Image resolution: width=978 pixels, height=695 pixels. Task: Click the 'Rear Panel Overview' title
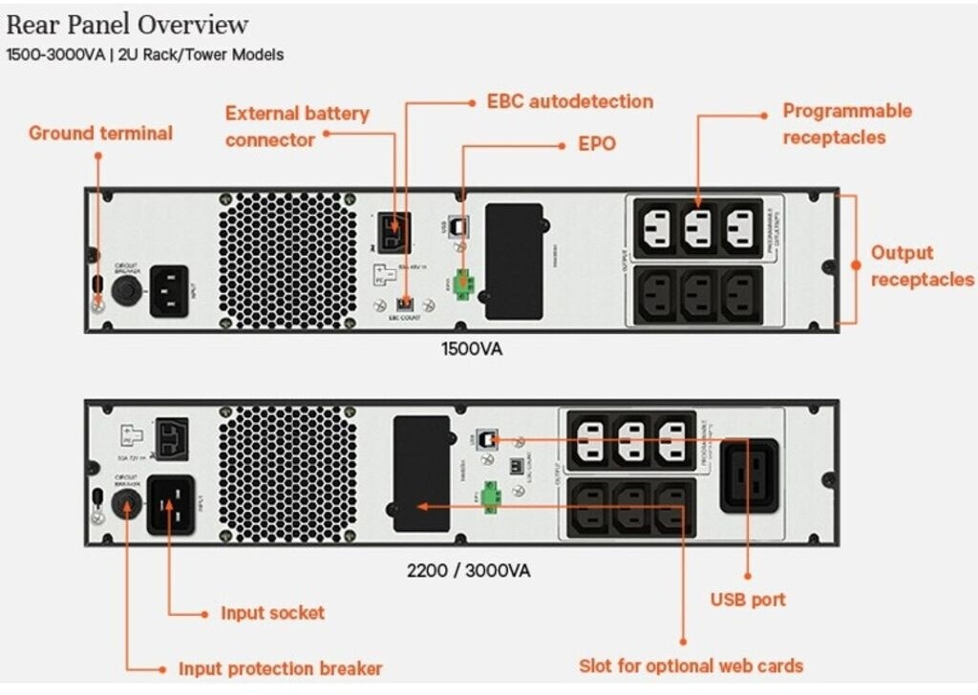click(x=127, y=24)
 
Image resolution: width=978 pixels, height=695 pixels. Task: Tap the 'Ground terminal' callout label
click(x=100, y=133)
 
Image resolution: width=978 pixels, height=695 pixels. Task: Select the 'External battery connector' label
click(x=296, y=126)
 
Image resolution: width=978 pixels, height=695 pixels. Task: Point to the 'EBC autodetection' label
click(x=570, y=101)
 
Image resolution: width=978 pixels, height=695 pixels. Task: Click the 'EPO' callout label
click(x=597, y=144)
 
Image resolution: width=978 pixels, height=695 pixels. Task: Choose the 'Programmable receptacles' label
click(x=847, y=123)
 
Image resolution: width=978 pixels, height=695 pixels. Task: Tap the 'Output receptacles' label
click(x=921, y=266)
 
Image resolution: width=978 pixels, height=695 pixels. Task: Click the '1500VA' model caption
click(x=471, y=348)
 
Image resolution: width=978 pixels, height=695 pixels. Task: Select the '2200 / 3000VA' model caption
click(x=468, y=571)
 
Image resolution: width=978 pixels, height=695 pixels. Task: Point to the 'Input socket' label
click(x=272, y=613)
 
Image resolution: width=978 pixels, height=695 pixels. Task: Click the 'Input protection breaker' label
click(x=280, y=668)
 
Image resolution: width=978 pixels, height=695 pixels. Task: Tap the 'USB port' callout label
click(x=748, y=600)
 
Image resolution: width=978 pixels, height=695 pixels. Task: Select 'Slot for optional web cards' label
click(x=691, y=665)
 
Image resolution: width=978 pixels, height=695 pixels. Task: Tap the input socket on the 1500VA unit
click(x=176, y=289)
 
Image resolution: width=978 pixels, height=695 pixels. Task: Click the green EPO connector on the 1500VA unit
click(x=466, y=283)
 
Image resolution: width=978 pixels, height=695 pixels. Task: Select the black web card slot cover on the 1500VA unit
click(x=514, y=261)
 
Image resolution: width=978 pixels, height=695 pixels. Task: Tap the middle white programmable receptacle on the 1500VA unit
click(x=698, y=228)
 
